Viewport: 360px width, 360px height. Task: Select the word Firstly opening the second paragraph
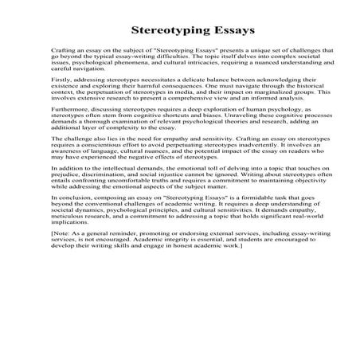(x=61, y=81)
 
